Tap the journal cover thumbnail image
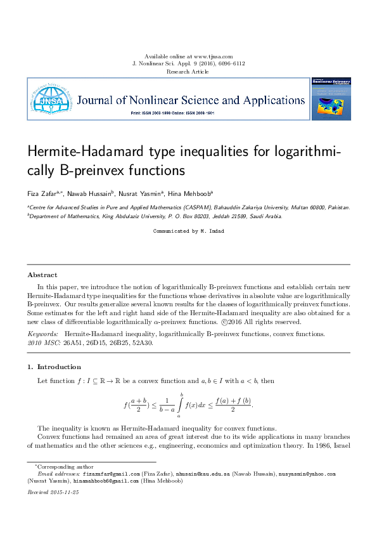pos(331,100)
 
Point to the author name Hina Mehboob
pos(192,193)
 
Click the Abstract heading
pos(42,275)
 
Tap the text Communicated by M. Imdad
pos(188,231)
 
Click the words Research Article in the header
pos(188,72)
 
